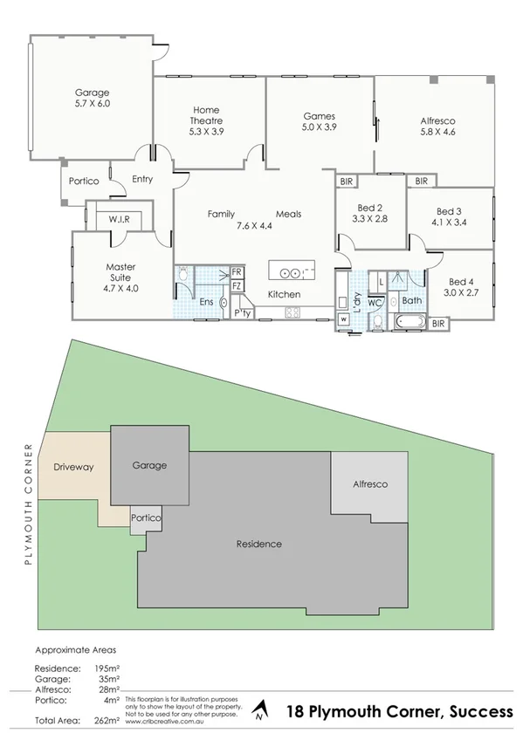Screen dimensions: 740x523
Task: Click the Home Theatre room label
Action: (206, 115)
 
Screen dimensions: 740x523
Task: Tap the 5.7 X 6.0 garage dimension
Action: (92, 103)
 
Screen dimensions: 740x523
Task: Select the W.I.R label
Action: (119, 219)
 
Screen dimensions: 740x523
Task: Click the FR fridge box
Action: (236, 272)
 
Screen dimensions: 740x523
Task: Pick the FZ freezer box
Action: (236, 285)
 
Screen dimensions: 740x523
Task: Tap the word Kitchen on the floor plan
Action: (284, 294)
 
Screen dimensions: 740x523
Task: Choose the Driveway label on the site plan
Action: (73, 467)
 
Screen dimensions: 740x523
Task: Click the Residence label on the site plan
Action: (259, 544)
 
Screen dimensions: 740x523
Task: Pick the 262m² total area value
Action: (107, 720)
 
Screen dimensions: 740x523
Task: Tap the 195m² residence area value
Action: (107, 667)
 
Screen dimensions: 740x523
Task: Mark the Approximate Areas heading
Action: (74, 650)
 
